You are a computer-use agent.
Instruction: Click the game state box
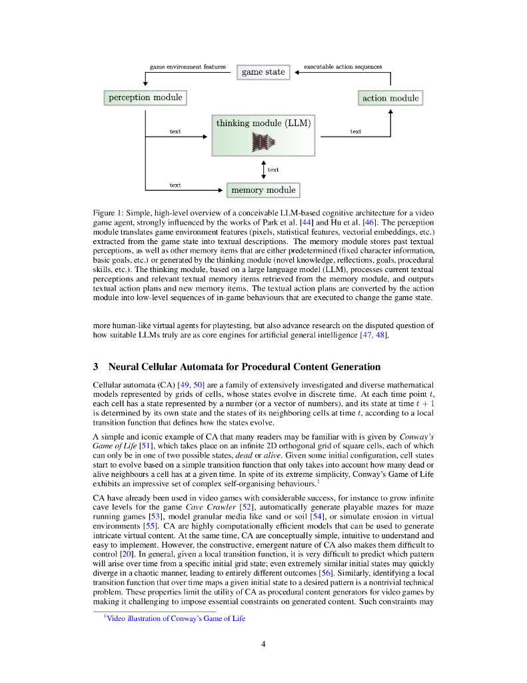click(263, 72)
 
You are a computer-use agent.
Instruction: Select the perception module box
click(145, 97)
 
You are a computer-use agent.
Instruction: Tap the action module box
click(390, 98)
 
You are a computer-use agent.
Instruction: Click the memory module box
click(263, 190)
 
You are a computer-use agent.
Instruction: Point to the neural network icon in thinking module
click(264, 141)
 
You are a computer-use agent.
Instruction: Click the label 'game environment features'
click(188, 67)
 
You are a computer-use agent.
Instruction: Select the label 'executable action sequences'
click(342, 67)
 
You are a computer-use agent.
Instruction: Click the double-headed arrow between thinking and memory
click(264, 169)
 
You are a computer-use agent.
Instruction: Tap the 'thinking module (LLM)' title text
click(263, 123)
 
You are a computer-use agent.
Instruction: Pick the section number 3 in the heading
click(96, 367)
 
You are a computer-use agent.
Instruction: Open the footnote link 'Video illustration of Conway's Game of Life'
click(176, 618)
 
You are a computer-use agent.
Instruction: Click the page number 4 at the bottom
click(264, 644)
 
